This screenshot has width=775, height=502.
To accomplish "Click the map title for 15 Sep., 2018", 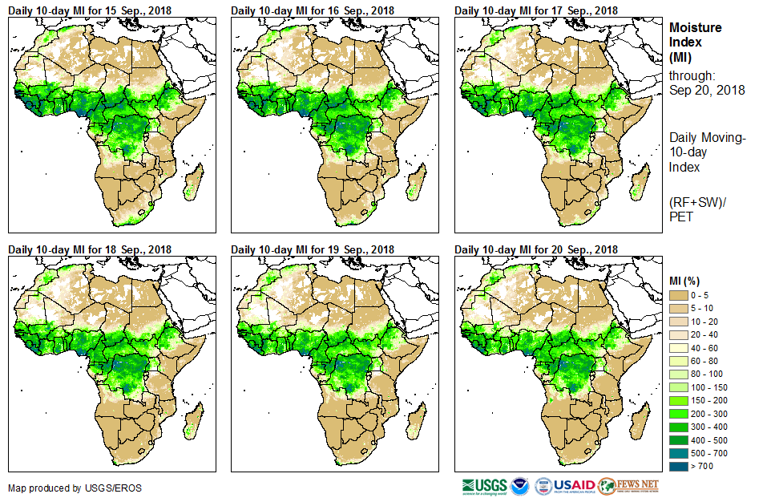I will click(90, 10).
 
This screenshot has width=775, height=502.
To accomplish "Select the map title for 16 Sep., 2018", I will click(313, 10).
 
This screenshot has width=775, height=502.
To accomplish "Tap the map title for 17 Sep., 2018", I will click(536, 10).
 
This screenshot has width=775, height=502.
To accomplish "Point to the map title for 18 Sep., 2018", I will click(90, 249).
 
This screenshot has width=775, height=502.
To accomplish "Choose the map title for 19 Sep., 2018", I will click(313, 249).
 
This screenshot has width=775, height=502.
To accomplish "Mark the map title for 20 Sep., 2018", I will click(536, 249).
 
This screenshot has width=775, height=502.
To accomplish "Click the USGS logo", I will click(484, 486).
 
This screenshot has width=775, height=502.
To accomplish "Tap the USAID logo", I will click(575, 486).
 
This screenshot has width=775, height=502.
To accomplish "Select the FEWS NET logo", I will click(629, 486).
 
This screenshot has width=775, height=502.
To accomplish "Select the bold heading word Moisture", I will click(695, 27).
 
